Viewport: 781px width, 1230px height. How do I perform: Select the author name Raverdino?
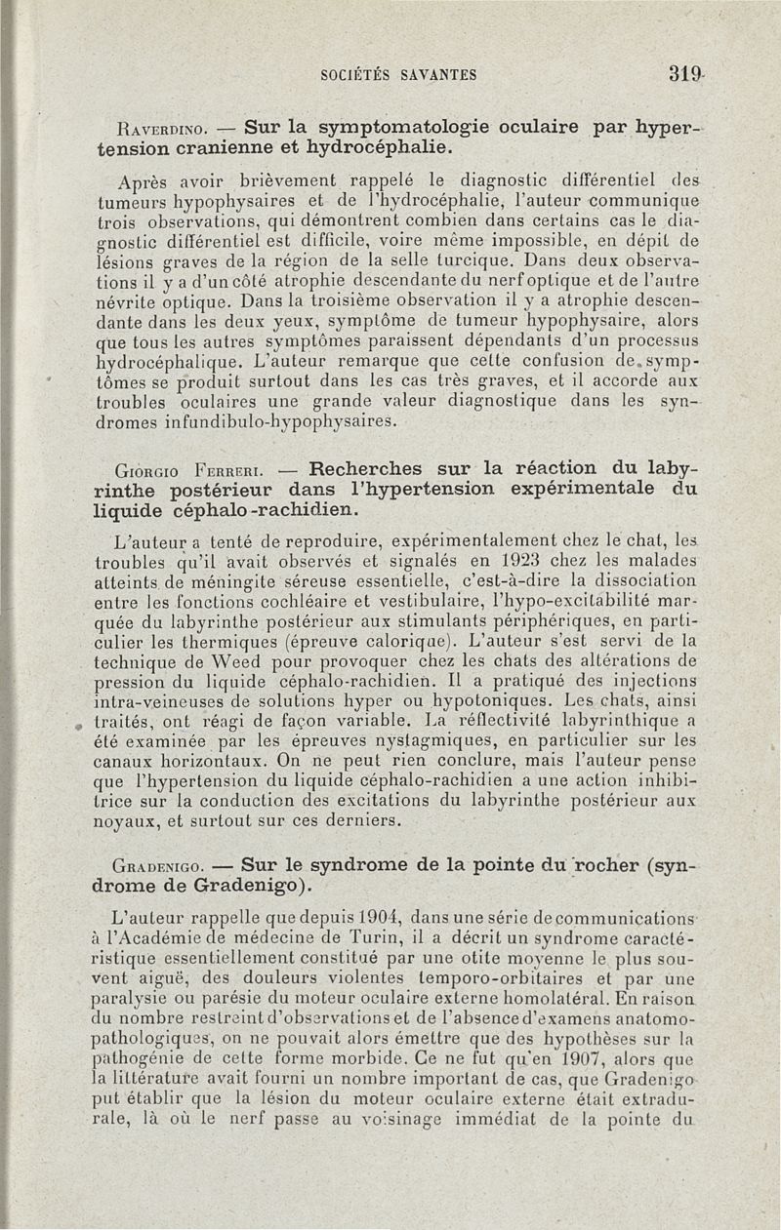pyautogui.click(x=160, y=127)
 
